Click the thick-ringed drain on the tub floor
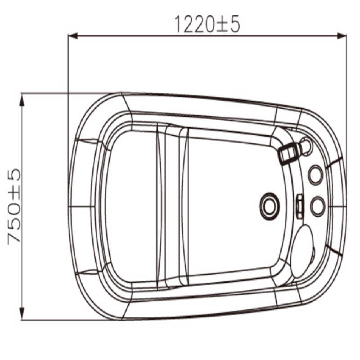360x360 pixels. [x=270, y=207]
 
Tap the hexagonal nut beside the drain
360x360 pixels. [x=299, y=206]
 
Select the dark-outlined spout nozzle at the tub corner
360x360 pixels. [x=289, y=153]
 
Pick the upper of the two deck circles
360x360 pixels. [x=316, y=175]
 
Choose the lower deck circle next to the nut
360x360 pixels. [x=318, y=206]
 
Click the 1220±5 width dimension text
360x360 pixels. [x=207, y=24]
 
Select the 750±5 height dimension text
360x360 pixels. [x=14, y=207]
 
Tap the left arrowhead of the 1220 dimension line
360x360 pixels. [x=73, y=36]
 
